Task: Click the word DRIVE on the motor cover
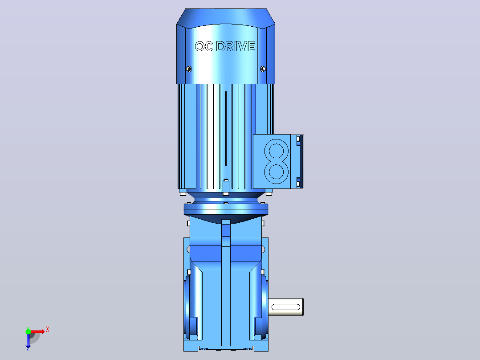(x=236, y=46)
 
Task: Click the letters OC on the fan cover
(x=204, y=46)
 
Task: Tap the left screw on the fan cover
(x=189, y=69)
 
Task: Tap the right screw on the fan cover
(x=263, y=69)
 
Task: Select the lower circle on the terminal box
(x=277, y=172)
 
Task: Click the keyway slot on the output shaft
(x=285, y=307)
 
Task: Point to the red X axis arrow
(x=37, y=331)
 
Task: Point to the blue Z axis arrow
(x=28, y=341)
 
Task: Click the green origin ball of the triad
(x=28, y=331)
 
